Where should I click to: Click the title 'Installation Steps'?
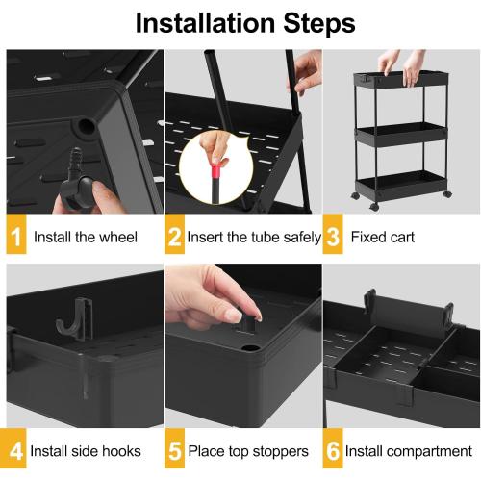pos(240,22)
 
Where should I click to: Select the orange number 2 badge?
pos(174,237)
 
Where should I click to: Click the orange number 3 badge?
pos(332,237)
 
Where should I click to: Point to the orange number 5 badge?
pos(174,450)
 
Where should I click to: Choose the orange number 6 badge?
pos(332,450)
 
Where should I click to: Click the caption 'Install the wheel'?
pos(86,237)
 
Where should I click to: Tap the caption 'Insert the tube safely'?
pos(254,237)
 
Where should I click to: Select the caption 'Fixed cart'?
pos(382,237)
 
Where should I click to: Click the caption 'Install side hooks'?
pos(86,450)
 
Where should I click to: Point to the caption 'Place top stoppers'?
pos(247,450)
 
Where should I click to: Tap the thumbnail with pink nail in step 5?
pos(232,315)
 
